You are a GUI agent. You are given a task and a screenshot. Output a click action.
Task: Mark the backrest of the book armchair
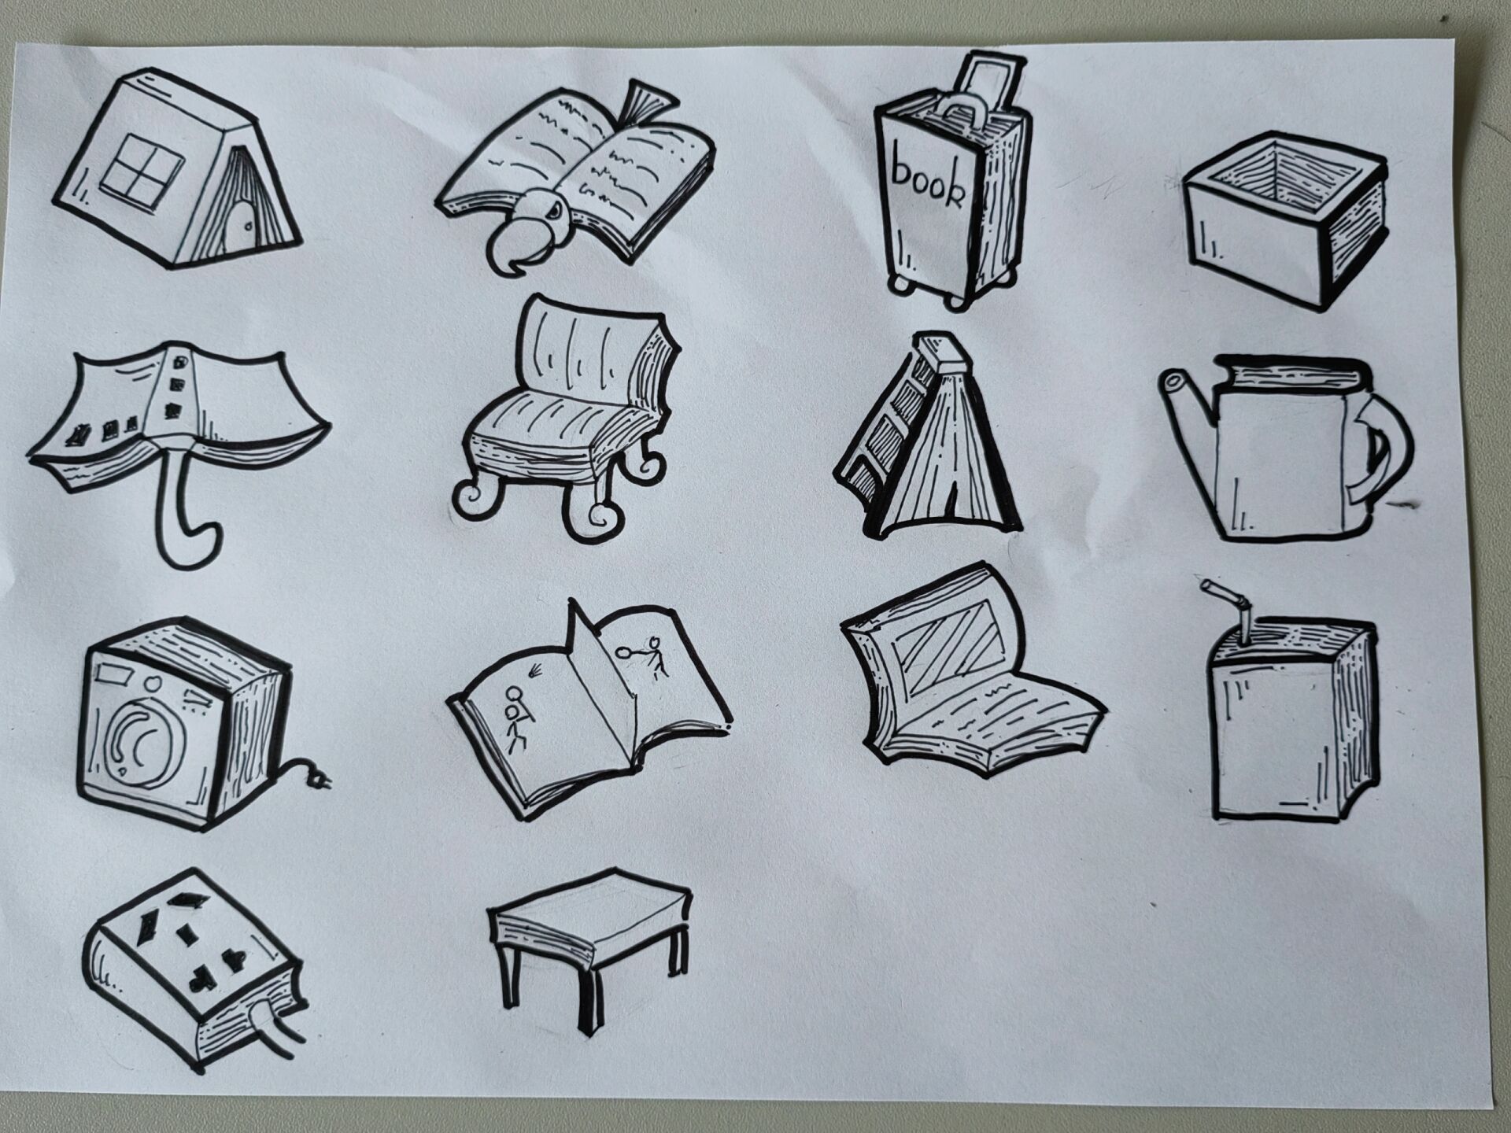[x=590, y=346]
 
